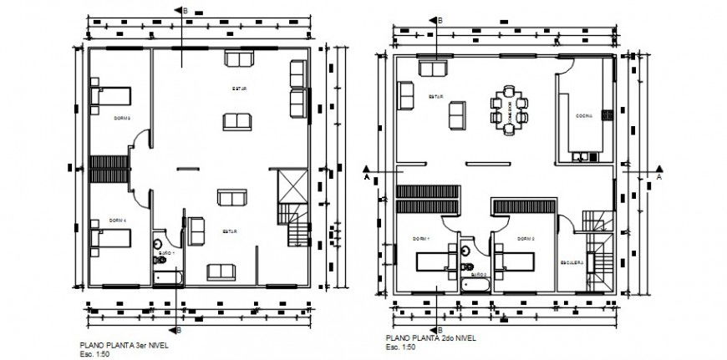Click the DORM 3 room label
123,118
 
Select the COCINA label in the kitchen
583,117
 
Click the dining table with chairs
510,109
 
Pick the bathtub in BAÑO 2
476,284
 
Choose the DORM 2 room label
525,238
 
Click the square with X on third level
287,184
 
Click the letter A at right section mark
658,177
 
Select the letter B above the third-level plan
186,10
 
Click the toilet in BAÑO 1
159,260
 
